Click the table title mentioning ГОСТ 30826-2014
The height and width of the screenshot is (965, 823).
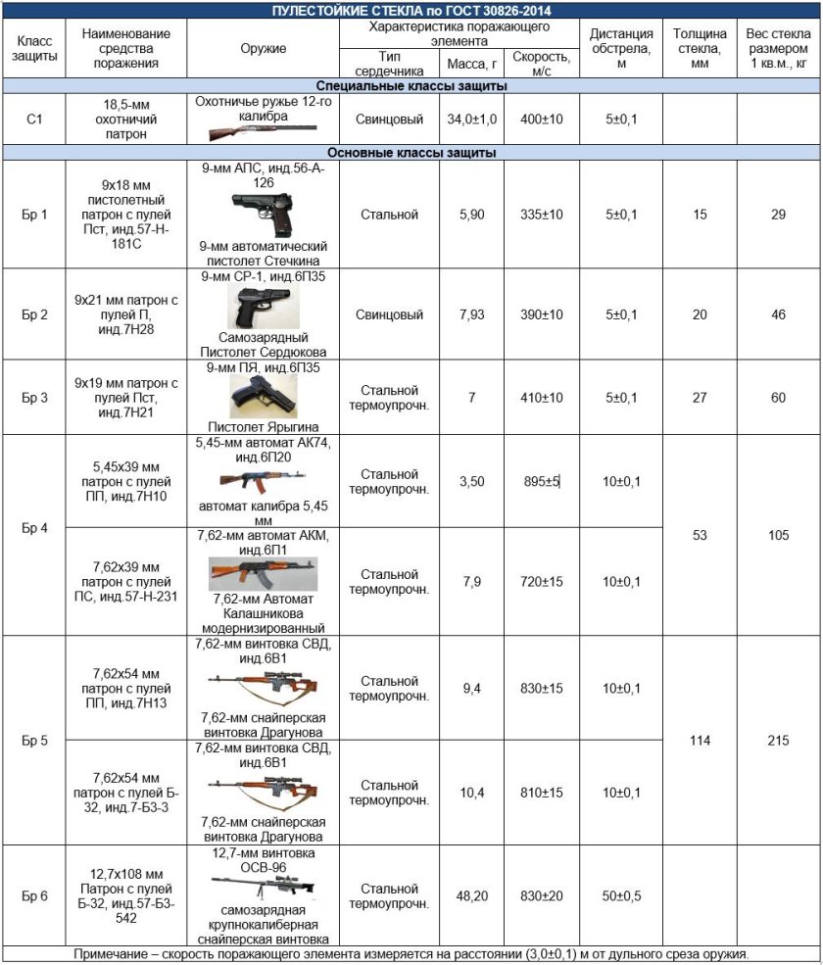(411, 10)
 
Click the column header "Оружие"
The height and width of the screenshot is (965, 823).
(263, 48)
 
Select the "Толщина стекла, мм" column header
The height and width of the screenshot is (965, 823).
(699, 48)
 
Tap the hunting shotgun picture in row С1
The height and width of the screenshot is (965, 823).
(262, 128)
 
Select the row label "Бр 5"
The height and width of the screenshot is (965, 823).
(34, 741)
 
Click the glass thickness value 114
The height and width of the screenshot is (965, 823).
(699, 741)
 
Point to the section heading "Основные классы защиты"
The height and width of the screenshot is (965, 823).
(411, 153)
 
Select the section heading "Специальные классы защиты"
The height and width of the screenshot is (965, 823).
(411, 86)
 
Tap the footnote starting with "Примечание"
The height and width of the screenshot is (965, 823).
(411, 954)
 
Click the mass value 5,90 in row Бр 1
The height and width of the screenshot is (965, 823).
(472, 215)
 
